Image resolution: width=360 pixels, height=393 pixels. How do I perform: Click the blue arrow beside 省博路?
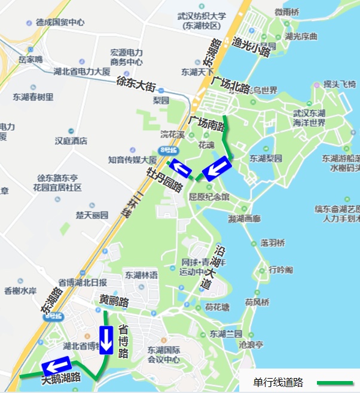tap(106, 340)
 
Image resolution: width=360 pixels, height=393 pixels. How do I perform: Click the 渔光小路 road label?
tap(252, 47)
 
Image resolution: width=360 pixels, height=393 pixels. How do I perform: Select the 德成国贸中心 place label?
tap(60, 23)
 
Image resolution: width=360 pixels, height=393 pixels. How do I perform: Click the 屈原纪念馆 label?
tap(209, 196)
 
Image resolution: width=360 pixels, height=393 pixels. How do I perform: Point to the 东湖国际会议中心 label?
tap(164, 355)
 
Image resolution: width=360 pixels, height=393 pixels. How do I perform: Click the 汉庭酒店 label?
tap(71, 141)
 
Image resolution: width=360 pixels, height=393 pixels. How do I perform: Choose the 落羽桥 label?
tap(273, 243)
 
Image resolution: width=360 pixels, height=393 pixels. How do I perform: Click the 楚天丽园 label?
tap(92, 214)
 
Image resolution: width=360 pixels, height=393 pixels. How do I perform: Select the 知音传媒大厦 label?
tap(132, 160)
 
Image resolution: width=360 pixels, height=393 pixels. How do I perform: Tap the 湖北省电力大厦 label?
tap(82, 72)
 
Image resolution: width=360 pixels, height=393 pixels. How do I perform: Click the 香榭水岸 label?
tap(20, 291)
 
